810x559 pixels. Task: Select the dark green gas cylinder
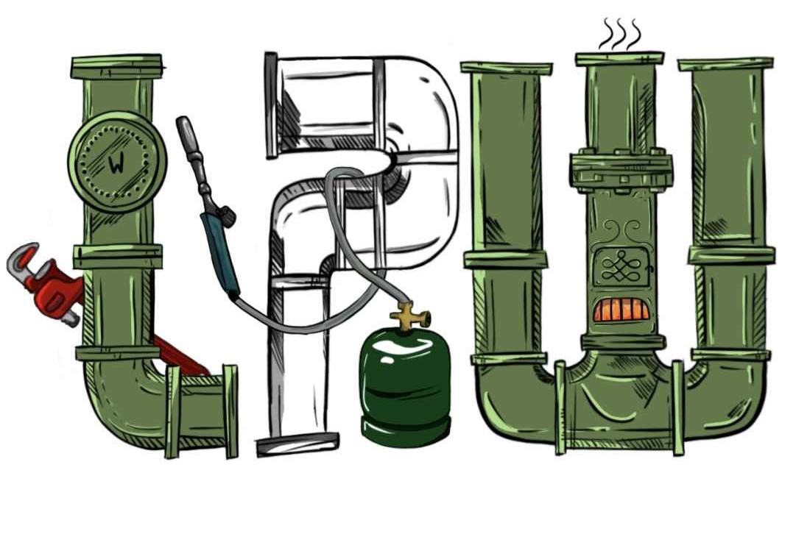[x=406, y=386]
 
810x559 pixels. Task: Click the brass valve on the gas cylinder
[x=410, y=314]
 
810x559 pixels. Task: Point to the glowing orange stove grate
[x=621, y=310]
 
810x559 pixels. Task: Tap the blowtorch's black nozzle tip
[x=184, y=129]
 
